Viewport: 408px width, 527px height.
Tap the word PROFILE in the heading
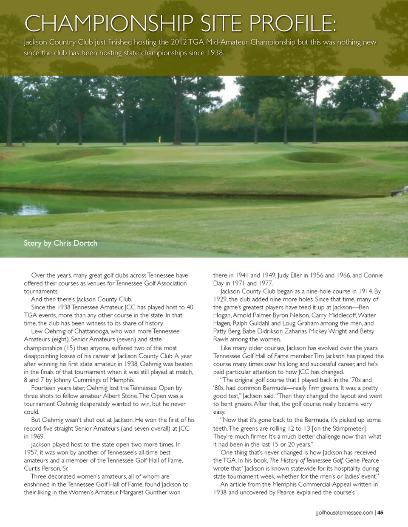293,24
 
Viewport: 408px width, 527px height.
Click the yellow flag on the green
159,139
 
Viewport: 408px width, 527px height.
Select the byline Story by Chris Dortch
60,243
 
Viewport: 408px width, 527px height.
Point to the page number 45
380,513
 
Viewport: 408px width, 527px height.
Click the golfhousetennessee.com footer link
344,513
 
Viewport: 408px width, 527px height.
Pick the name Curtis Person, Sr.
46,468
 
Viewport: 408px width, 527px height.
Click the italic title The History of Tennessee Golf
306,460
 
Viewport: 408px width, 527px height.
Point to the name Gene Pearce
362,460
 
